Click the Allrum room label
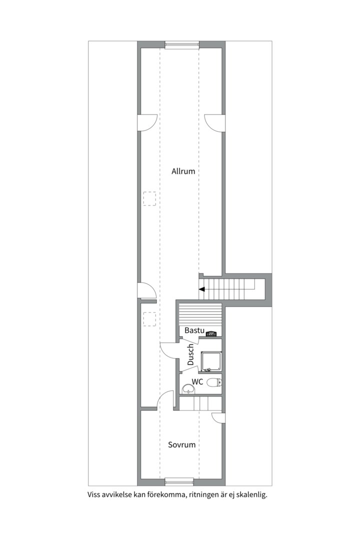183,171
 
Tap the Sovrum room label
181,444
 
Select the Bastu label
194,330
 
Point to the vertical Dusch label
190,354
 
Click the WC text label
197,382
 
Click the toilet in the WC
214,383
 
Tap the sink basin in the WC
188,388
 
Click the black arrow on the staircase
202,289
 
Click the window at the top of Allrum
182,44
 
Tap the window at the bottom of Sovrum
179,481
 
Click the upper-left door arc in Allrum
148,123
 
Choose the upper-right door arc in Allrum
213,123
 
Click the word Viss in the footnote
94,495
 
